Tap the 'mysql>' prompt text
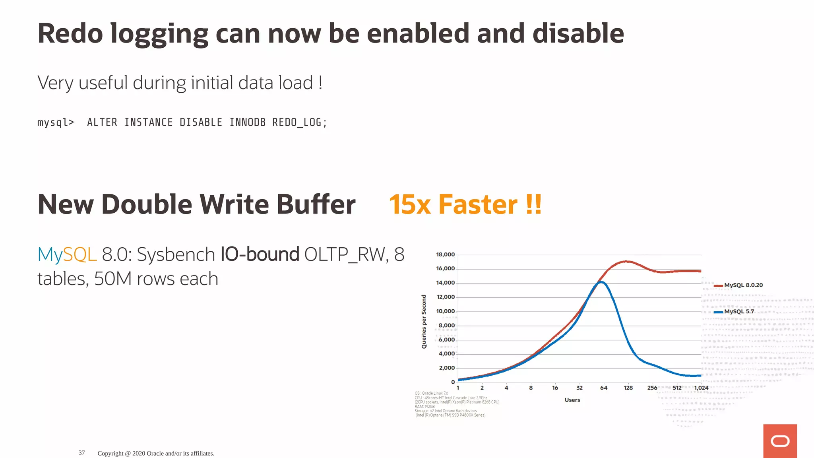56,122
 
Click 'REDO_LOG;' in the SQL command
299,122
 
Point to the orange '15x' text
409,205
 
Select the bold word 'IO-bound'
260,254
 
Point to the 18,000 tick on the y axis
445,254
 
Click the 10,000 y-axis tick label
445,311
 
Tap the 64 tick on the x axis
603,388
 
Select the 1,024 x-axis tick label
701,388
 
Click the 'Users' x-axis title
572,400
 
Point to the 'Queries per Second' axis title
424,322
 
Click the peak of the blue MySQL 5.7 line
602,282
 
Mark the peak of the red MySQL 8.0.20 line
626,261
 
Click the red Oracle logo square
780,441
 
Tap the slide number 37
81,453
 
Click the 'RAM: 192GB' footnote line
424,406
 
